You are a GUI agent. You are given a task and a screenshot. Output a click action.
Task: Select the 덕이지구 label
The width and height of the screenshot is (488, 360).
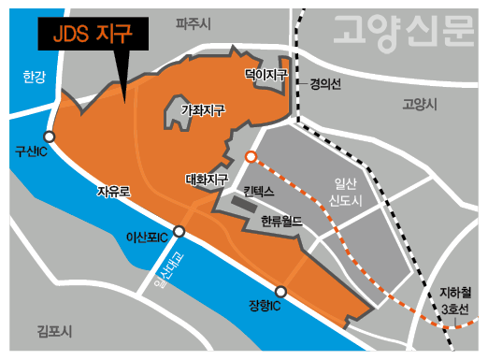[x=265, y=73]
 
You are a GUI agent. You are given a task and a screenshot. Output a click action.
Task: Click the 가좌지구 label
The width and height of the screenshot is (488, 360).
[x=202, y=110]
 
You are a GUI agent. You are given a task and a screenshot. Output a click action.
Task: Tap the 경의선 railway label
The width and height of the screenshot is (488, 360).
[x=326, y=83]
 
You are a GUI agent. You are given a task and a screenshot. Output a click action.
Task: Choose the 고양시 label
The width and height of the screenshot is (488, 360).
[x=419, y=104]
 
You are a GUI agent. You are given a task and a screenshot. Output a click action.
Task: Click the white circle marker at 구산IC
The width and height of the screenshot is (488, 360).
[x=49, y=137]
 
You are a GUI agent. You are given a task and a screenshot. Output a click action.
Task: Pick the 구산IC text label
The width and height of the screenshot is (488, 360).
[x=31, y=151]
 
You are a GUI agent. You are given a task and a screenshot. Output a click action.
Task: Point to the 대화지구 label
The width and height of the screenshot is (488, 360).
[x=208, y=178]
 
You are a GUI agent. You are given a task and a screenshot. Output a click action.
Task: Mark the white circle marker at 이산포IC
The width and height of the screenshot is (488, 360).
[x=179, y=231]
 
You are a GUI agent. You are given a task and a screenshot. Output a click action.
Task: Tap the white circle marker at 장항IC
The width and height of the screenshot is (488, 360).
[x=280, y=292]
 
